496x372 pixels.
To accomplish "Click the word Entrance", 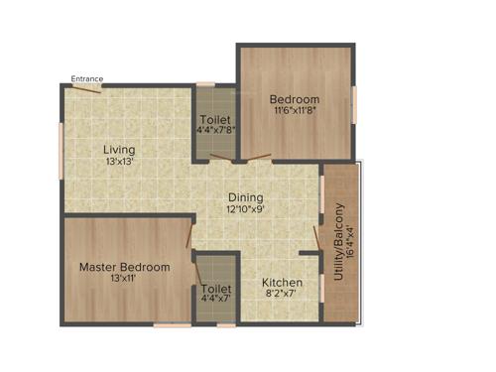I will pos(86,79).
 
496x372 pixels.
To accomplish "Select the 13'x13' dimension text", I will pos(120,161).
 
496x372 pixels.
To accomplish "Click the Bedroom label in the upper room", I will pos(295,99).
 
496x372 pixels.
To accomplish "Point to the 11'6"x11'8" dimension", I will pos(295,111).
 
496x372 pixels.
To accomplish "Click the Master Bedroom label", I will pos(124,267).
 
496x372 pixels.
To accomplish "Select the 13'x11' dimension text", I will pos(124,280).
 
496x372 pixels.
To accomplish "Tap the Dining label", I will pos(246,197).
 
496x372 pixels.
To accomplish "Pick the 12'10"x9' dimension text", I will pos(246,209).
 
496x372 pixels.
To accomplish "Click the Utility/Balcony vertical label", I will pos(339,242).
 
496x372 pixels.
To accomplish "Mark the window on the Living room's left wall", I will pos(62,149).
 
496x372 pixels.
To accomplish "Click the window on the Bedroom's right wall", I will pos(353,102).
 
